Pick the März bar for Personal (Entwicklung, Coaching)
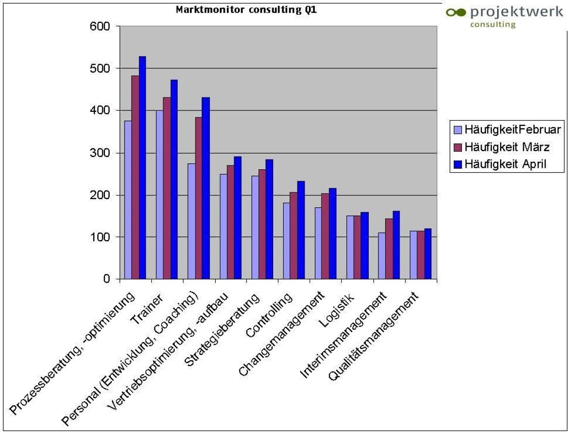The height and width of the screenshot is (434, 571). pyautogui.click(x=198, y=198)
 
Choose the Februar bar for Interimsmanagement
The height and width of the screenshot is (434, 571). pyautogui.click(x=382, y=256)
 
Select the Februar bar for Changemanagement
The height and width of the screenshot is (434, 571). pyautogui.click(x=319, y=243)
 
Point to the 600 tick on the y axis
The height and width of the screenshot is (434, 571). pyautogui.click(x=103, y=27)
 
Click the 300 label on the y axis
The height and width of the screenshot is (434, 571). pyautogui.click(x=103, y=153)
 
